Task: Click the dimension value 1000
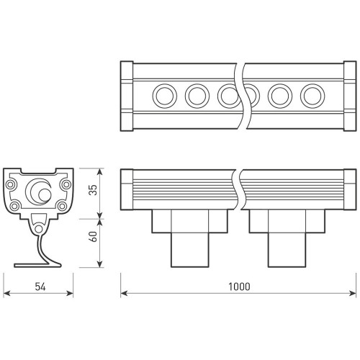pyautogui.click(x=239, y=287)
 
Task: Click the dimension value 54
pyautogui.click(x=40, y=287)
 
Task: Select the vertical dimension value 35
pyautogui.click(x=93, y=190)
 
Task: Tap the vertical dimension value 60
pyautogui.click(x=93, y=236)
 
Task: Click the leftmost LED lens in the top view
pyautogui.click(x=165, y=96)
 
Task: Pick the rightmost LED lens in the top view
pyautogui.click(x=312, y=96)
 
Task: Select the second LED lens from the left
pyautogui.click(x=197, y=96)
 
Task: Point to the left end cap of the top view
pyautogui.click(x=127, y=96)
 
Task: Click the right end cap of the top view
pyautogui.click(x=350, y=96)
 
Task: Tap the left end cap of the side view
pyautogui.click(x=127, y=189)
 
